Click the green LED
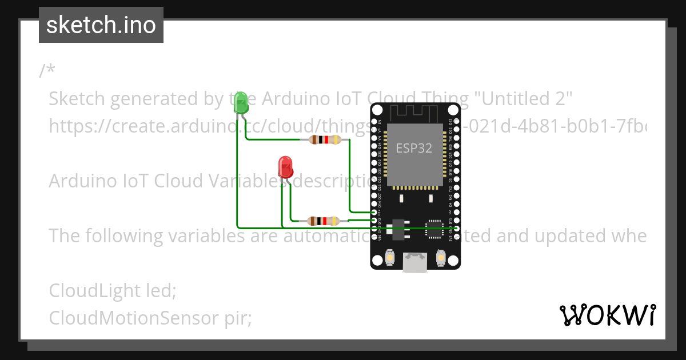click(242, 103)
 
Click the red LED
click(286, 167)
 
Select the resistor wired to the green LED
click(324, 139)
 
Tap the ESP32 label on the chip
click(414, 148)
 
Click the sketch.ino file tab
click(101, 25)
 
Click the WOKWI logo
click(607, 315)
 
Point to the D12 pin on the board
click(374, 212)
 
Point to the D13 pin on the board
click(374, 220)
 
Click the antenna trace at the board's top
click(414, 112)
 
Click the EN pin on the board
click(374, 122)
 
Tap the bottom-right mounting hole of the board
click(453, 261)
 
